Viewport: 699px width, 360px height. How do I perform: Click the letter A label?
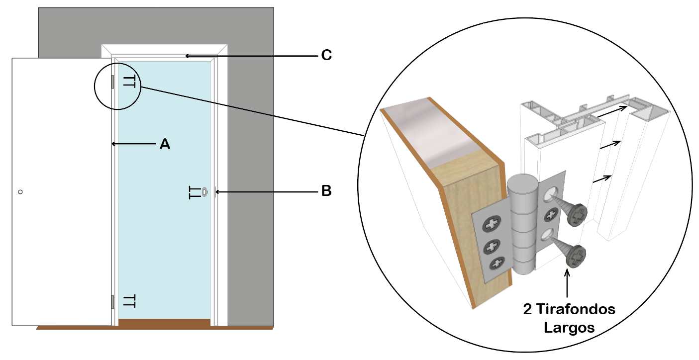[165, 144]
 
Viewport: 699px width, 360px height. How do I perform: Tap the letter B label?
[326, 190]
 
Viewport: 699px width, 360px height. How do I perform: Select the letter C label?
[326, 55]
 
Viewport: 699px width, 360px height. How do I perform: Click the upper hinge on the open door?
[113, 82]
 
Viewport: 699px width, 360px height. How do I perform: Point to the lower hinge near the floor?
[113, 301]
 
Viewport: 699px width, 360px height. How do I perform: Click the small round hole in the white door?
[20, 191]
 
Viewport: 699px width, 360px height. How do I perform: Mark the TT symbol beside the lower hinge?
[129, 301]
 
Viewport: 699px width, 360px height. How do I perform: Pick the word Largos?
[569, 328]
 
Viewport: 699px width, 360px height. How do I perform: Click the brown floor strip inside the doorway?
[164, 323]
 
